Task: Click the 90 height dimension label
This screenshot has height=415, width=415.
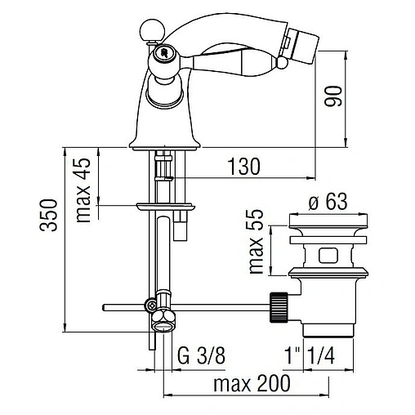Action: click(332, 96)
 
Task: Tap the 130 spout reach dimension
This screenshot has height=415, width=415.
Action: click(244, 167)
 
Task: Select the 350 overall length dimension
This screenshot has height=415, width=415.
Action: click(49, 215)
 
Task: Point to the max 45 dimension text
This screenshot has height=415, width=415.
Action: click(83, 190)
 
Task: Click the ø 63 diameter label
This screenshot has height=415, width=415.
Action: click(328, 202)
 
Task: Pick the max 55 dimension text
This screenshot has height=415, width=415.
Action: click(257, 242)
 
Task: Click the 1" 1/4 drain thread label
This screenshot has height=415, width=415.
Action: click(310, 355)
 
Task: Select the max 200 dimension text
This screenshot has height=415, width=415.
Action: click(252, 383)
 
